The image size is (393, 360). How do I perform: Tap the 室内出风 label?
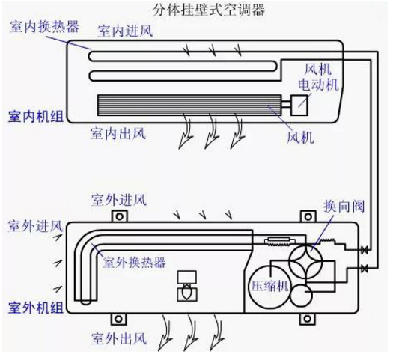click(x=118, y=134)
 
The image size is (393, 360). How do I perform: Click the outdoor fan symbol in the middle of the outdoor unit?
click(x=184, y=285)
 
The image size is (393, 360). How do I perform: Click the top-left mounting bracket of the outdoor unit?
click(x=118, y=217)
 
